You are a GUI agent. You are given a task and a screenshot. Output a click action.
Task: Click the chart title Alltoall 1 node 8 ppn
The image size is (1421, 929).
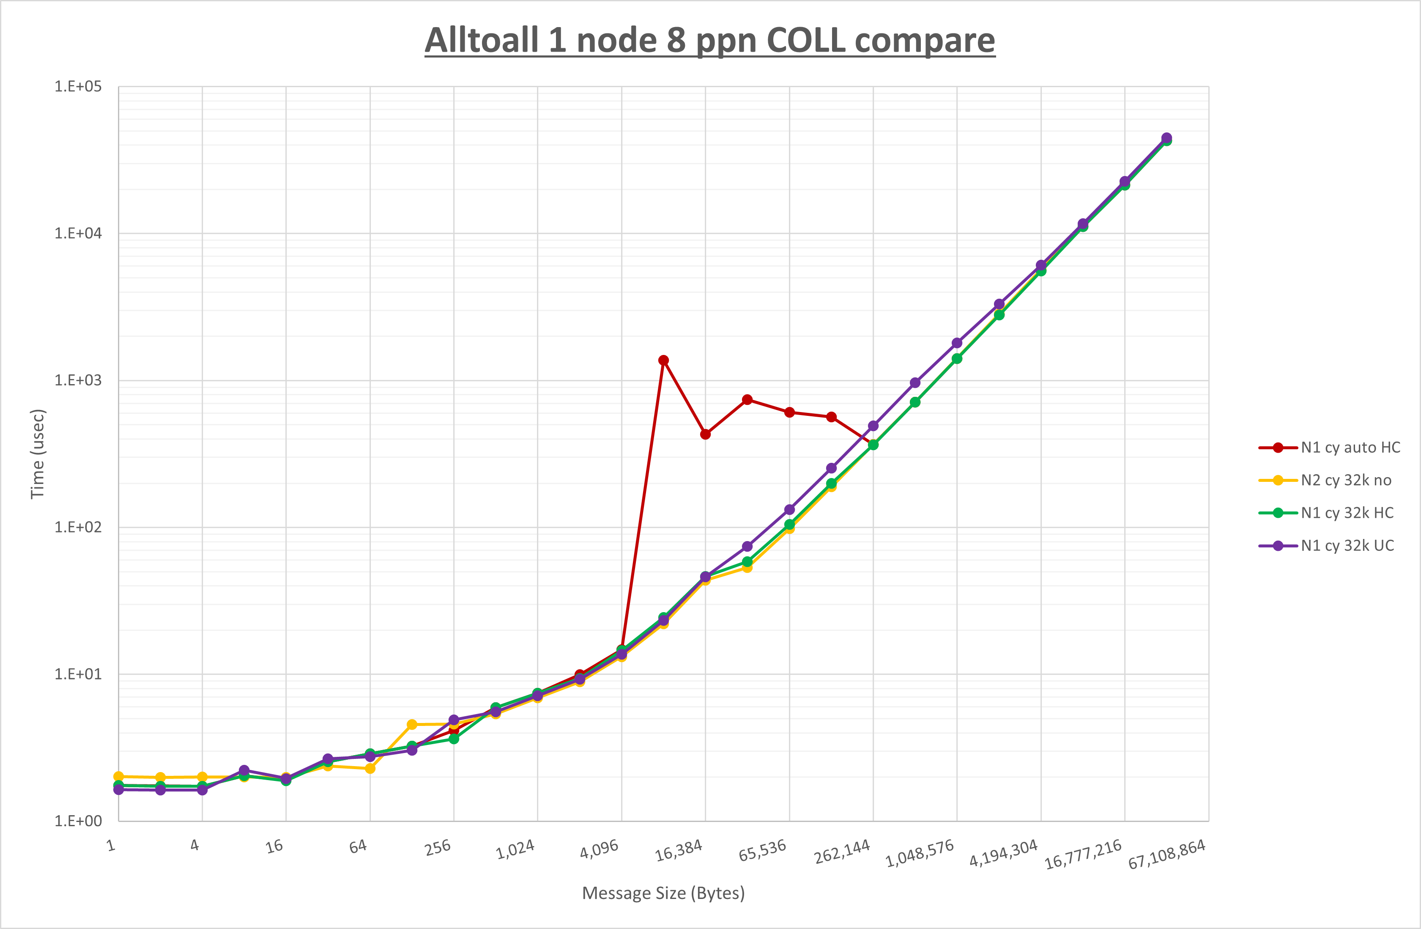tap(709, 41)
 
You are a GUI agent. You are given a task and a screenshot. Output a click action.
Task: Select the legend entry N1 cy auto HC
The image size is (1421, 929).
tap(1350, 448)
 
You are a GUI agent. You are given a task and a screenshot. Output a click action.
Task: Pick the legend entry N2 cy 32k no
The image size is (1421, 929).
tap(1346, 480)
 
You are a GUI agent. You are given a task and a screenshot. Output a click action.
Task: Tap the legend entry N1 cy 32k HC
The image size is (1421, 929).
tap(1347, 513)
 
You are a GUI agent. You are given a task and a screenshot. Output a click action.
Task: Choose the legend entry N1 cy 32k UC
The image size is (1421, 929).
tap(1347, 545)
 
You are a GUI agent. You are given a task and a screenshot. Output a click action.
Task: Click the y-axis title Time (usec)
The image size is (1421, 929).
tap(37, 454)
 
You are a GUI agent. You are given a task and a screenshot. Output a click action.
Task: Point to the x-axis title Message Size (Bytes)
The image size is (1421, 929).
tap(663, 893)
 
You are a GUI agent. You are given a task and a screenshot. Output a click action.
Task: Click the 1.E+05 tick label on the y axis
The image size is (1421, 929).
tap(78, 87)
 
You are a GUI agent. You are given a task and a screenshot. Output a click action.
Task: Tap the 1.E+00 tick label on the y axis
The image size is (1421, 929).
tap(78, 821)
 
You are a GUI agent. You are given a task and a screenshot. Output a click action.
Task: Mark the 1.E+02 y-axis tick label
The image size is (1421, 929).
tap(78, 527)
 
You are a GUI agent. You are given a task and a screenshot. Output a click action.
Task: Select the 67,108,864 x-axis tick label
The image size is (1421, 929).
tap(1166, 854)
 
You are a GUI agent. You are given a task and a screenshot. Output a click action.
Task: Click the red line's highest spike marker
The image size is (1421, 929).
tap(663, 360)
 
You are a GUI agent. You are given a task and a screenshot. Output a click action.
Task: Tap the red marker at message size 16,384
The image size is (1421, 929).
tap(705, 434)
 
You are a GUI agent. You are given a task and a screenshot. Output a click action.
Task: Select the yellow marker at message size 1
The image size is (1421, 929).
tap(118, 777)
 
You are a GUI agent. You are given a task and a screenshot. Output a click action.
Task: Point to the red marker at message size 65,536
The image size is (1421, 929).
tap(789, 412)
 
